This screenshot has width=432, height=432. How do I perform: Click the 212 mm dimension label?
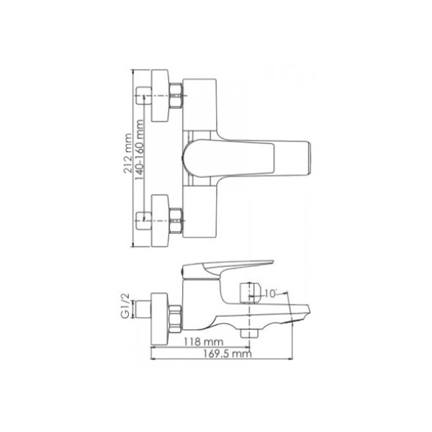pyautogui.click(x=127, y=153)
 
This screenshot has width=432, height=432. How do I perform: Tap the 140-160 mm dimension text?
pyautogui.click(x=139, y=150)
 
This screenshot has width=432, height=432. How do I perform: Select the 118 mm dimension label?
pyautogui.click(x=203, y=342)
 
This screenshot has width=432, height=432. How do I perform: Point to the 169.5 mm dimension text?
pyautogui.click(x=228, y=354)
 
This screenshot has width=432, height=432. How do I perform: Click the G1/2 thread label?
pyautogui.click(x=125, y=306)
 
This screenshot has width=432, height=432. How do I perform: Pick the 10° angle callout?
pyautogui.click(x=270, y=294)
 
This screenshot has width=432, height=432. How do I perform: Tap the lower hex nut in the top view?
pyautogui.click(x=176, y=220)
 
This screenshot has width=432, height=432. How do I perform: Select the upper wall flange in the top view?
pyautogui.click(x=160, y=95)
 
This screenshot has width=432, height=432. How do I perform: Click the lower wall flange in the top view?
pyautogui.click(x=160, y=221)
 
